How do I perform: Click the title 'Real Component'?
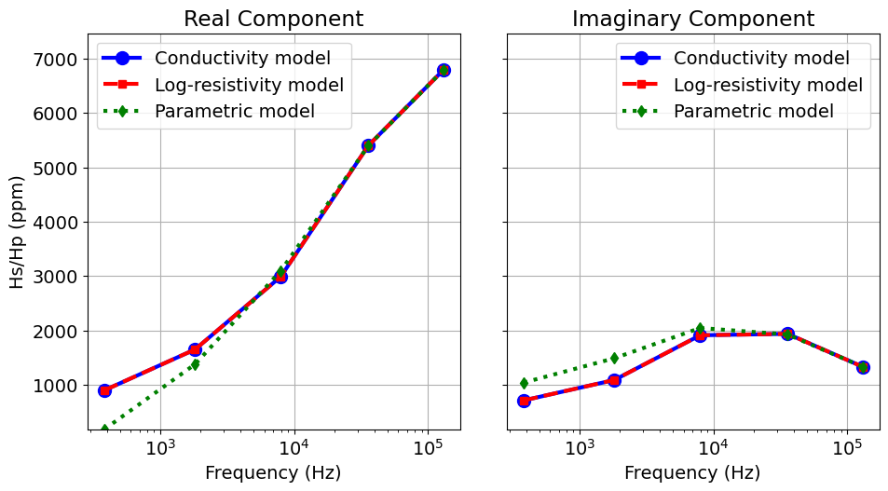[x=273, y=19]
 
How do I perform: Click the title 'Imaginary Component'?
[x=692, y=19]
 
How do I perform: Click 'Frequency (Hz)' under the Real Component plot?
[x=273, y=472]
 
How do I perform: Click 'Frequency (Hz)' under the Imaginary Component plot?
[x=692, y=472]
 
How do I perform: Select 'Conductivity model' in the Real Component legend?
[x=242, y=59]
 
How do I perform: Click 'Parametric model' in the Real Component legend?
[x=234, y=112]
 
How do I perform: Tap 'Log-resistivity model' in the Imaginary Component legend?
[x=768, y=86]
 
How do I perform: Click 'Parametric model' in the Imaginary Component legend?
[x=753, y=112]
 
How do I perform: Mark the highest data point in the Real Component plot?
[x=444, y=70]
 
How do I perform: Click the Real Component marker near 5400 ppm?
[x=368, y=145]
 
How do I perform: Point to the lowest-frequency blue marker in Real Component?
[x=104, y=390]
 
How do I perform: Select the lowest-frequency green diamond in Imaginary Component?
[x=524, y=383]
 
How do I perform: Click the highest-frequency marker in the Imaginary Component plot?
[x=863, y=367]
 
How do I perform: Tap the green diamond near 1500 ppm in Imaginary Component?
[x=614, y=358]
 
